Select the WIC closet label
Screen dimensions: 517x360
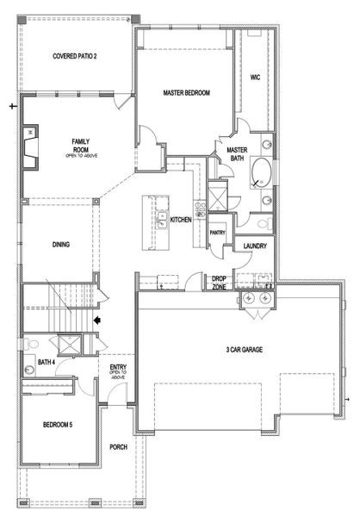point(255,77)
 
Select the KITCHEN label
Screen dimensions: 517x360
point(180,221)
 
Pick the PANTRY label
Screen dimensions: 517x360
point(217,232)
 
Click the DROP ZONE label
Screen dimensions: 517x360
point(220,283)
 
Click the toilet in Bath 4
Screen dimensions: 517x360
point(31,362)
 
